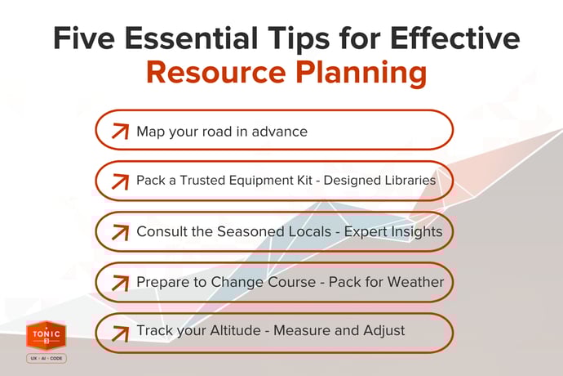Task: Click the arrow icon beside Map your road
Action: coord(120,131)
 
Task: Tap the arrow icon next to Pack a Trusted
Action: coord(120,181)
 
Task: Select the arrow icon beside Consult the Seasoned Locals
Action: coord(120,232)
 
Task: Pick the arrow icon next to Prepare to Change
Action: coord(120,283)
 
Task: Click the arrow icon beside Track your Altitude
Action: coord(120,332)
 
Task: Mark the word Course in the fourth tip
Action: coord(295,282)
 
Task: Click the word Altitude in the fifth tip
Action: coord(233,331)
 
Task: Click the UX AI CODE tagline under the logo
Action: coord(46,359)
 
